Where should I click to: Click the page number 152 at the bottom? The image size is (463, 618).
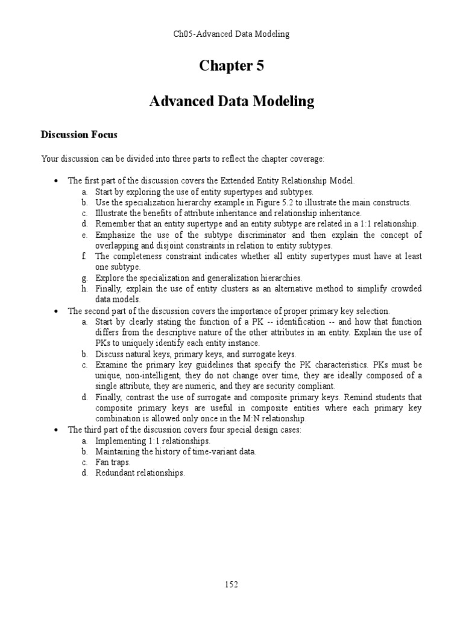point(231,584)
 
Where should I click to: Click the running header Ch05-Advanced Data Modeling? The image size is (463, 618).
point(231,34)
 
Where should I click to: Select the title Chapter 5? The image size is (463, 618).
point(231,66)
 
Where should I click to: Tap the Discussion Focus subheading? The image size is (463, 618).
point(79,134)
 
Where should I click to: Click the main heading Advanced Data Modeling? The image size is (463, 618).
point(231,101)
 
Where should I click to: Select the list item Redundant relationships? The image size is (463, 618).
point(140,473)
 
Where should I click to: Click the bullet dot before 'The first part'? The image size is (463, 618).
point(55,180)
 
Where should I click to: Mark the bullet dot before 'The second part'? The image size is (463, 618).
point(55,311)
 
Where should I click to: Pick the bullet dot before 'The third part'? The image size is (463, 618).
point(55,430)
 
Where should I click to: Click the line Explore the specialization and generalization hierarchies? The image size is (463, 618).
point(198,278)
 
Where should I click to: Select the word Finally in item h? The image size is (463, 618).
point(109,289)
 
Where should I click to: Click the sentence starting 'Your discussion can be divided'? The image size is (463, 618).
point(182,159)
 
